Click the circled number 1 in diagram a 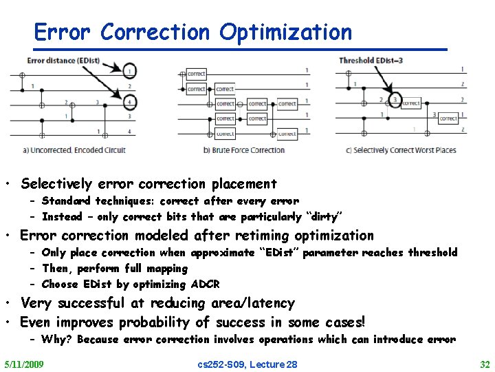[130, 70]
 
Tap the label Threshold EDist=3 [371, 61]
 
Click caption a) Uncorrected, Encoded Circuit [74, 150]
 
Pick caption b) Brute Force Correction [244, 150]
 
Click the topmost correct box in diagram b [196, 74]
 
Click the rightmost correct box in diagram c [448, 118]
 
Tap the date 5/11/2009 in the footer [23, 364]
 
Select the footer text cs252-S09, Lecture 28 [247, 364]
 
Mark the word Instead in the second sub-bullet [62, 217]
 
